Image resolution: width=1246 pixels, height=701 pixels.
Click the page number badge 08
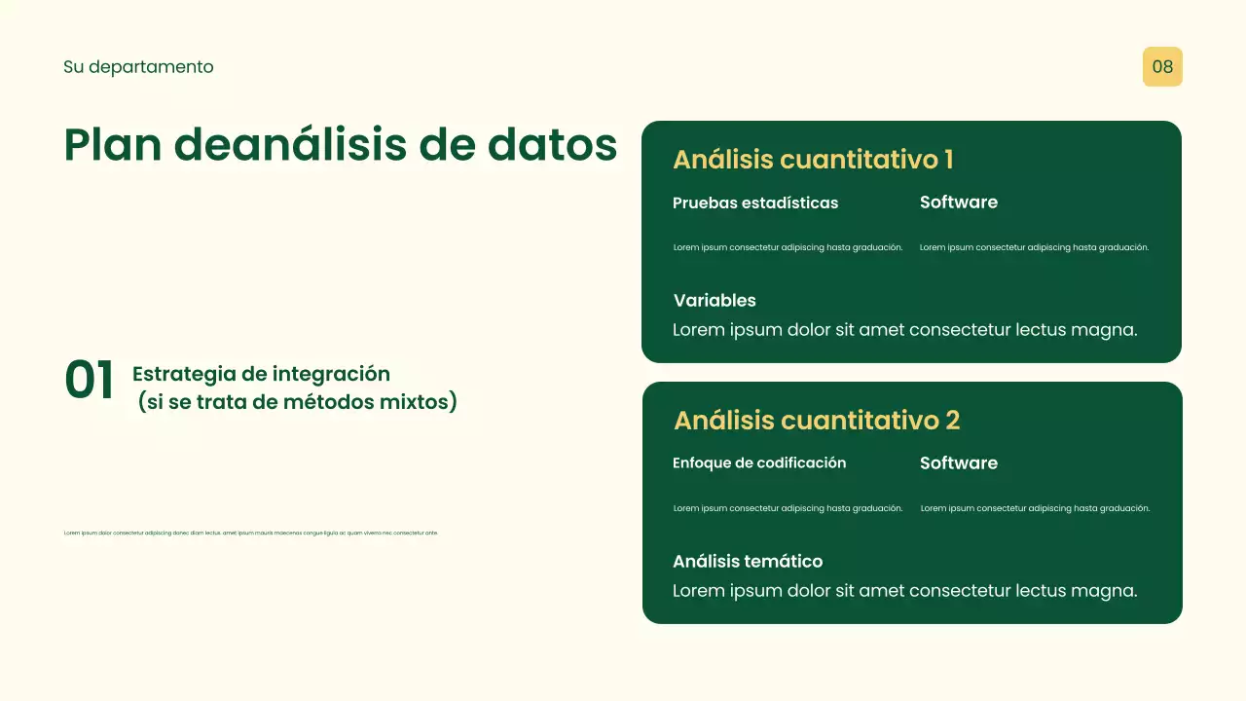1162,67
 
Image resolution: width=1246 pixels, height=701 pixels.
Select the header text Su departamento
138,67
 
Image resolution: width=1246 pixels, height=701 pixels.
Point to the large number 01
90,381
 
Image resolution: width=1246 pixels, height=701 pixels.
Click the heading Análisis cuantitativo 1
813,160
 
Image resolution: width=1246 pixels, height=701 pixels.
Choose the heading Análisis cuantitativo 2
817,421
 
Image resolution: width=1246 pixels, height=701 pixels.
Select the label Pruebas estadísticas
755,203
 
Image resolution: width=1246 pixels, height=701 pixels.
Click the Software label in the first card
959,203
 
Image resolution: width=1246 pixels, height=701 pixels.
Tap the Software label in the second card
959,463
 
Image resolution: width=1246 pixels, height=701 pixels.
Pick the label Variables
715,301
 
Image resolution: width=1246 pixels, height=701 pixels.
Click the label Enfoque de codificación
759,463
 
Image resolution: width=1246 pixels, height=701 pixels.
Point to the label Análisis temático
748,562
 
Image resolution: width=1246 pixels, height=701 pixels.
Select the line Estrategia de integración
261,374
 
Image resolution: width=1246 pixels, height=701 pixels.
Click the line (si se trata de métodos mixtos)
298,402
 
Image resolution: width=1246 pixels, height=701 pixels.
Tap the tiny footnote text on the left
250,533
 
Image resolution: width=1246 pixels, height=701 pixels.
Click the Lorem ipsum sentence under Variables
904,330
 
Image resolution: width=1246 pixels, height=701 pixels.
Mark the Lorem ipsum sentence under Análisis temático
904,591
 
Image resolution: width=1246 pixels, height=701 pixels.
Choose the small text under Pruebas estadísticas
788,247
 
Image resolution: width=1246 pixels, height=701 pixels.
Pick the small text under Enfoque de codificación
788,508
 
